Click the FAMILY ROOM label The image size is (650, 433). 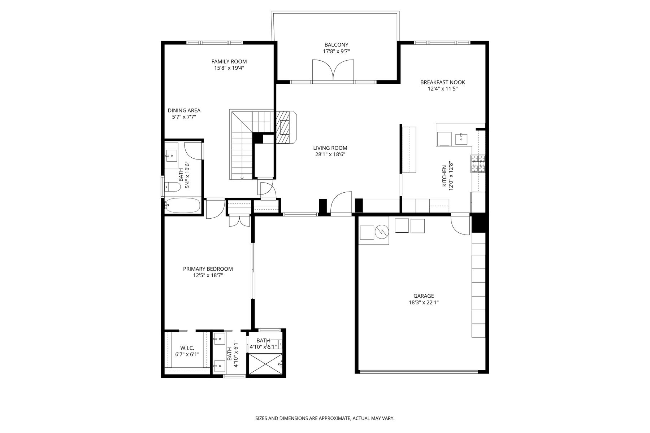point(229,62)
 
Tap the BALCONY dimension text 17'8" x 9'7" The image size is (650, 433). point(336,51)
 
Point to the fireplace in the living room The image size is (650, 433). point(286,127)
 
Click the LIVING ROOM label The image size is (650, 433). point(330,148)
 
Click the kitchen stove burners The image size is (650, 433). point(478,163)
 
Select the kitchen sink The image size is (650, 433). point(461,139)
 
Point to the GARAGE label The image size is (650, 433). point(424,296)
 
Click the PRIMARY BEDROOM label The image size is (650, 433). point(208,269)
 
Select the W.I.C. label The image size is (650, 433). point(187,348)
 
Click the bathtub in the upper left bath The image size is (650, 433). point(183,205)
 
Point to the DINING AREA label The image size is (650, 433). point(184,110)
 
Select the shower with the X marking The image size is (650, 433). point(265,364)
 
